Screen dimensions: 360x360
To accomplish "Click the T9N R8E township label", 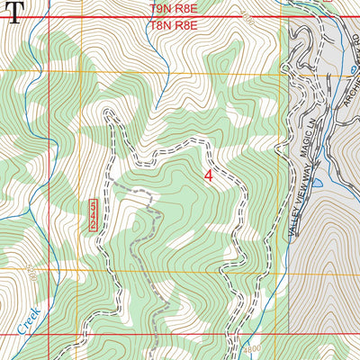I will click(x=172, y=7).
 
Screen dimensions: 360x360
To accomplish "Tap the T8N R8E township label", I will click(x=172, y=26).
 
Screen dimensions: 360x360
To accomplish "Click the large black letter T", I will click(x=12, y=13).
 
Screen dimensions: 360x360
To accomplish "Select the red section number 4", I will click(x=210, y=175).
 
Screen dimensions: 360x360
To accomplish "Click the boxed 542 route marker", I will click(x=94, y=216).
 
